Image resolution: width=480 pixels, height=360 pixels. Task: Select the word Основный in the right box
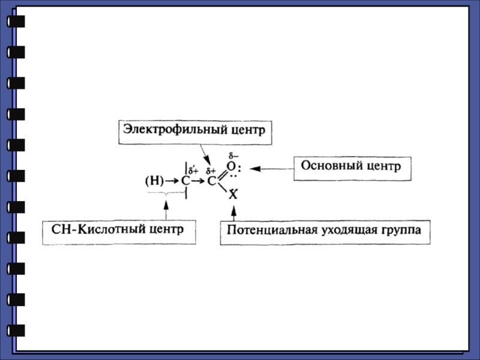329,166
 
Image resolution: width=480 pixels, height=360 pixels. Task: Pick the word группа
401,231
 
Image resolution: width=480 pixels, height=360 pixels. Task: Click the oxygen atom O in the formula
231,166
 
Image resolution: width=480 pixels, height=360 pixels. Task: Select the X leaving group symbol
233,194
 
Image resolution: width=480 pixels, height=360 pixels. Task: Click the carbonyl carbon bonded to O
212,181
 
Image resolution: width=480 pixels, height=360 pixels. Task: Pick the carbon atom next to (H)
185,180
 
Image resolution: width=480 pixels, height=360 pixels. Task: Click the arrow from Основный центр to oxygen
271,169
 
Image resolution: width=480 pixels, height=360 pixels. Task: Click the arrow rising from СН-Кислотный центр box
166,209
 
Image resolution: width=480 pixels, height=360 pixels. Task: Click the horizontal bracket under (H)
166,193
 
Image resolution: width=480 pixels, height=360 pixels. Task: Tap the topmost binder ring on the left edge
16,22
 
